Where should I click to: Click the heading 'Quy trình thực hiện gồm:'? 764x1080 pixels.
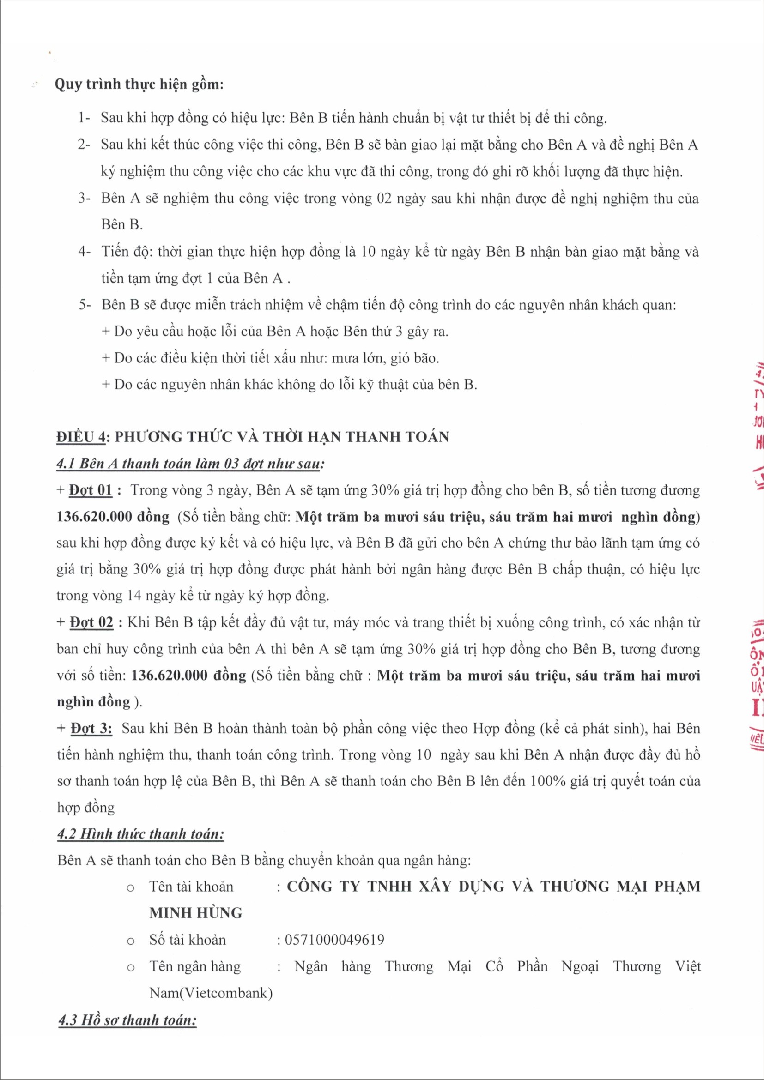[139, 84]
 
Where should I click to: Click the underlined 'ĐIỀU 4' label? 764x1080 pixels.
[80, 437]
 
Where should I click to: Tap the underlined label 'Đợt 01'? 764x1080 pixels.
[91, 490]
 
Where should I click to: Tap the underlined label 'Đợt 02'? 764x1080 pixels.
[91, 623]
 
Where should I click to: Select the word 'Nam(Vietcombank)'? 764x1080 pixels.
[211, 993]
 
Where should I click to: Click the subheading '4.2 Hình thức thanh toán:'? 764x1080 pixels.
[141, 834]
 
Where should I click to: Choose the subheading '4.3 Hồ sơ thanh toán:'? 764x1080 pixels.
[127, 1020]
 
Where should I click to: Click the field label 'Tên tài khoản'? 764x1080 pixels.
[191, 887]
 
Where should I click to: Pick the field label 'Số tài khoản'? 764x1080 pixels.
[187, 940]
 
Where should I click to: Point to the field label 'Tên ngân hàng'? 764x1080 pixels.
[195, 966]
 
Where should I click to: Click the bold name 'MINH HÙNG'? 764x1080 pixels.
[196, 913]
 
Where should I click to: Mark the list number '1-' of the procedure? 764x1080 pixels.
[84, 118]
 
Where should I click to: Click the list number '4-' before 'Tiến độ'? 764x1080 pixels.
[84, 252]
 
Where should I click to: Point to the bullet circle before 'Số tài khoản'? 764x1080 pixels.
[131, 941]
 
